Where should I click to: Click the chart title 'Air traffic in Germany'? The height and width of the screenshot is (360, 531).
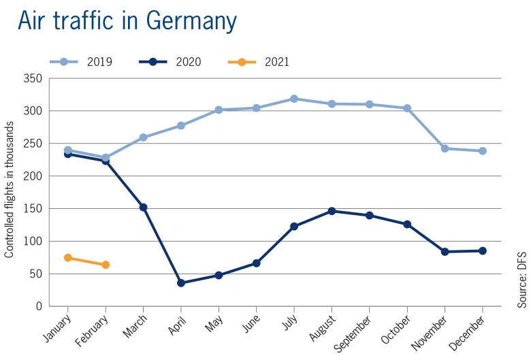tap(127, 20)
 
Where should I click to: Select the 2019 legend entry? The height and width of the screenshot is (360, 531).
tap(81, 62)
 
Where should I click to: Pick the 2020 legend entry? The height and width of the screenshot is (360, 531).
tap(170, 62)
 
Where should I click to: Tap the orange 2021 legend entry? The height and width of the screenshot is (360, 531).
tap(259, 62)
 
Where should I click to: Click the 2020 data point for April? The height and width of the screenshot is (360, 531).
tap(181, 282)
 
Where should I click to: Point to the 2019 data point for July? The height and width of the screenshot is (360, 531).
tap(294, 99)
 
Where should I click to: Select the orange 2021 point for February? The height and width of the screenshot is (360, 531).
tap(106, 265)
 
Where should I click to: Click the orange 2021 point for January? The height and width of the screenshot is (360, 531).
tap(68, 257)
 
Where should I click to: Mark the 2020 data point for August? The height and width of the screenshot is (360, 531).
tap(332, 211)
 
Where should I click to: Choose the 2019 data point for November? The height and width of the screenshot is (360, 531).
tap(445, 148)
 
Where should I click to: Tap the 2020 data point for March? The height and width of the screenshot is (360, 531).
tap(144, 207)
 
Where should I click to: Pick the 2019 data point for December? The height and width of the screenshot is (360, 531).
tap(483, 151)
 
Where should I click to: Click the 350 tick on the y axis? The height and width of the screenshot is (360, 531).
tap(35, 79)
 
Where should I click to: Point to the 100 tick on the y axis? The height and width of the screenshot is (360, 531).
tap(35, 242)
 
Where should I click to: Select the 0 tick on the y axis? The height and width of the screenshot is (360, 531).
tap(39, 306)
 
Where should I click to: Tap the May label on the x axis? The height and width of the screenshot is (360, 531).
tap(212, 322)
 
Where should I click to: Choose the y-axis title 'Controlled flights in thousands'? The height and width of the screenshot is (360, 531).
tap(10, 190)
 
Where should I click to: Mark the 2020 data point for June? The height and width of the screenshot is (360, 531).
tap(257, 263)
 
